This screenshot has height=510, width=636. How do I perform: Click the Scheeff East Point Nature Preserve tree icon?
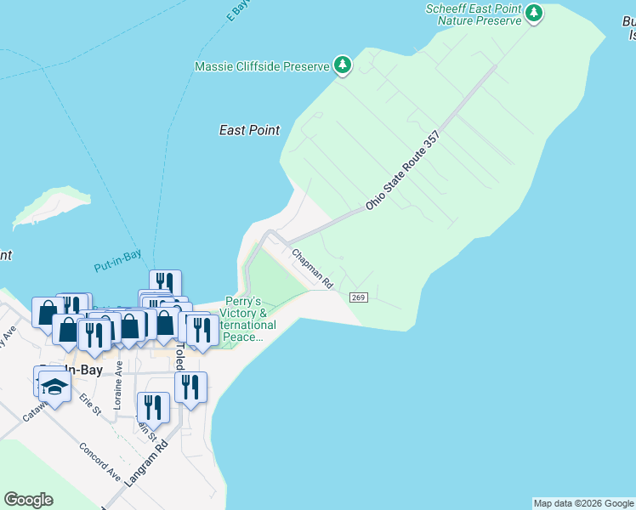(534, 13)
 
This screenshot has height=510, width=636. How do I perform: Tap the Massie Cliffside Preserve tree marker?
(343, 65)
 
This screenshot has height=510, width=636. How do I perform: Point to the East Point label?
(249, 130)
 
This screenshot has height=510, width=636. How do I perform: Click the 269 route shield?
(357, 296)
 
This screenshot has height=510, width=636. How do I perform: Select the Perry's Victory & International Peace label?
(247, 320)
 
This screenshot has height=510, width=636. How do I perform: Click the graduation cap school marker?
(55, 387)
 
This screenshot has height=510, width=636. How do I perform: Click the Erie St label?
(90, 403)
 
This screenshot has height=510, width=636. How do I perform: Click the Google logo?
(28, 500)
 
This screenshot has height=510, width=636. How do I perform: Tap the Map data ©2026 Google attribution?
(583, 503)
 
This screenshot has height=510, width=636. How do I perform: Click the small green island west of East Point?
(53, 205)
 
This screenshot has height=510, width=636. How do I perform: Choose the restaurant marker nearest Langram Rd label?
(153, 407)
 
